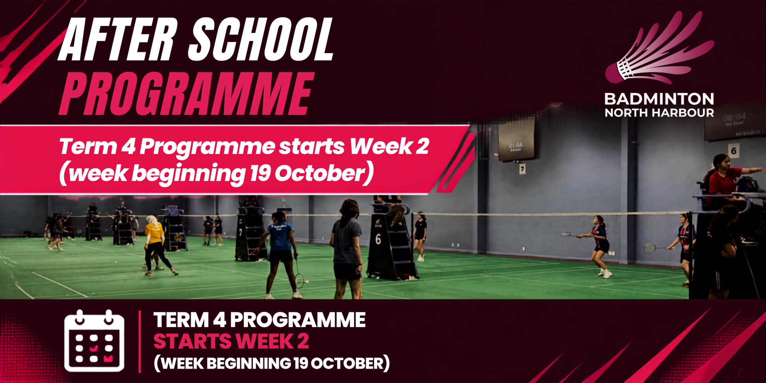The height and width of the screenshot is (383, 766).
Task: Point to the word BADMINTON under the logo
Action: click(x=659, y=99)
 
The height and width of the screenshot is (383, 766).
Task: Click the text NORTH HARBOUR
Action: click(x=659, y=113)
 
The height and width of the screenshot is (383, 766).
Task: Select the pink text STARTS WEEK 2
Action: click(x=231, y=342)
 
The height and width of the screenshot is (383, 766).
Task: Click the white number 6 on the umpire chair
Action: click(x=378, y=239)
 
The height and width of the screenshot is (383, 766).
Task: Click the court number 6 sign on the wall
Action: click(x=733, y=151)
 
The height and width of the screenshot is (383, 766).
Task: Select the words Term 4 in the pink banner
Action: click(x=98, y=146)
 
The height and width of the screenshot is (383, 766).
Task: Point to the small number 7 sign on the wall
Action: click(x=522, y=169)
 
